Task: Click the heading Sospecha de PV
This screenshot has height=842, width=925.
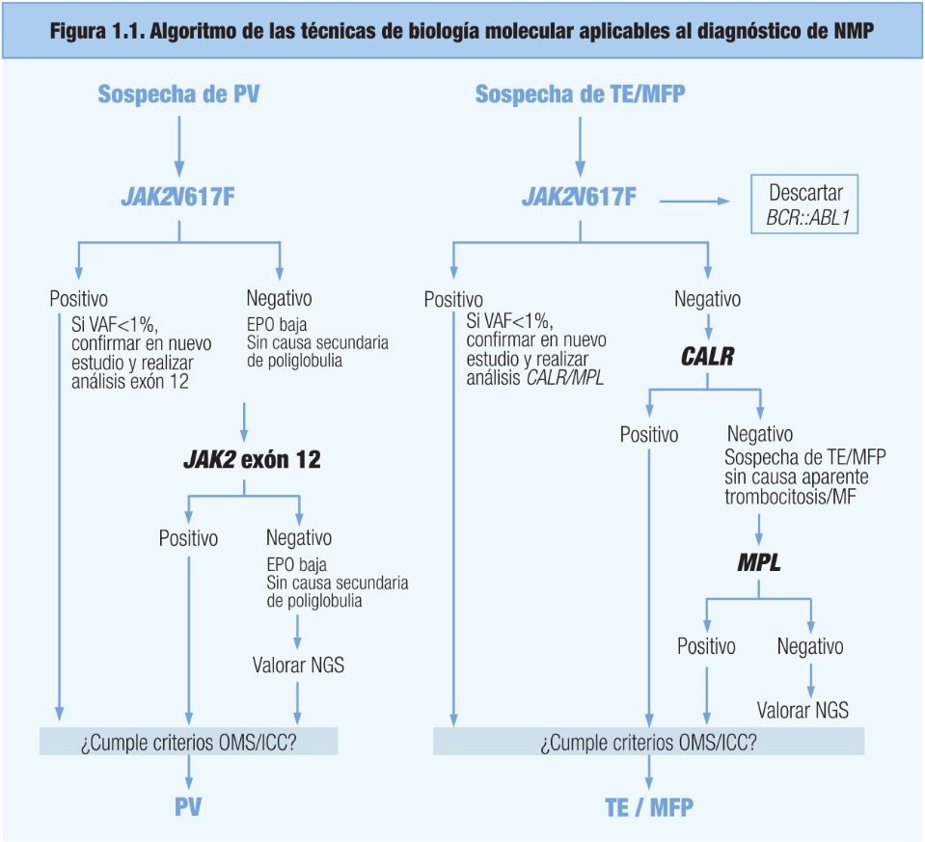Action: tap(178, 95)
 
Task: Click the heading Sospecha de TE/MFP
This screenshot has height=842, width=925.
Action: tap(581, 95)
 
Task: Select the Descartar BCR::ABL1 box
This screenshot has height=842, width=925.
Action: tap(804, 204)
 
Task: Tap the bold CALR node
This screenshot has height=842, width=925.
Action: tap(708, 357)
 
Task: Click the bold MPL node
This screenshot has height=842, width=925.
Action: tap(759, 562)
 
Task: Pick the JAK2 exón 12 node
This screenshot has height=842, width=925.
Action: tap(253, 460)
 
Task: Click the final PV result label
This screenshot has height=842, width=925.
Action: tap(188, 806)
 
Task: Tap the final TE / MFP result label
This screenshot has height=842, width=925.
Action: tap(649, 807)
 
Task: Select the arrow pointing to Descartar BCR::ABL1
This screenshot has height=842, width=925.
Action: tap(694, 202)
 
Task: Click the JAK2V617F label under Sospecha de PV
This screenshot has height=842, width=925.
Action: tap(178, 197)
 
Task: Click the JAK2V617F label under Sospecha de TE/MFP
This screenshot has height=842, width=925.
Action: tap(580, 197)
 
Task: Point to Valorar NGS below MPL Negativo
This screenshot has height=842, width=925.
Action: tap(803, 710)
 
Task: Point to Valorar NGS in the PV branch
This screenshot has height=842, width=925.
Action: tap(298, 665)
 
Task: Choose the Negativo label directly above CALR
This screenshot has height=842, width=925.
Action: tap(707, 299)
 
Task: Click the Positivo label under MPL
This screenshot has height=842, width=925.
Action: tap(706, 646)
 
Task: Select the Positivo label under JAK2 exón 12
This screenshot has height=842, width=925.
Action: tap(188, 538)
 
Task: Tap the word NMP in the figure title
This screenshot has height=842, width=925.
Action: tap(854, 31)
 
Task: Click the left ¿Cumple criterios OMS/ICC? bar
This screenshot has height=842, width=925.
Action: tap(189, 741)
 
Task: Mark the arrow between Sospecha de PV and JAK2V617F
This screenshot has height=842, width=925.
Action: tap(179, 146)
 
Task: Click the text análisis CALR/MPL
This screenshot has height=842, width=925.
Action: tap(535, 378)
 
